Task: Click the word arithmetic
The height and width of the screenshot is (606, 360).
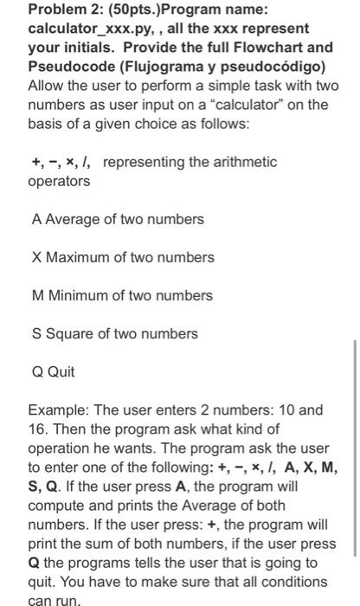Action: (237, 162)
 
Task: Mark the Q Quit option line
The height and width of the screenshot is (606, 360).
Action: (54, 371)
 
